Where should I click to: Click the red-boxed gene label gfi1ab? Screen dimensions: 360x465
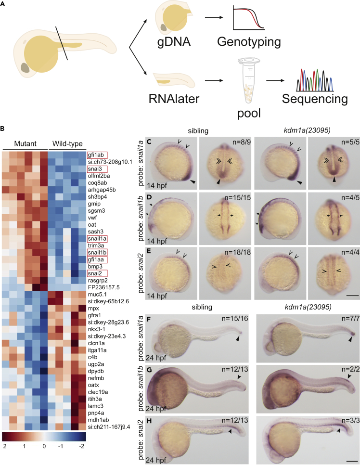point(97,155)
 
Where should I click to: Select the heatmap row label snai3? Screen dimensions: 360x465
point(97,169)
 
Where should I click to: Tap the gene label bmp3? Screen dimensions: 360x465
point(95,267)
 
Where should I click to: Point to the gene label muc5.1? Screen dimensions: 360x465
point(97,295)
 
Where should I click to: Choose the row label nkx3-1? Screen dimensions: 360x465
point(97,329)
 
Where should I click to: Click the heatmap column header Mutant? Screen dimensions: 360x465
point(25,143)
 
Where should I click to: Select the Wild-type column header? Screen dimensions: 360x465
point(67,144)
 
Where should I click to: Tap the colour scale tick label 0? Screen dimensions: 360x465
point(44,446)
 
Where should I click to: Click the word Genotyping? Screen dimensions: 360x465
point(249,42)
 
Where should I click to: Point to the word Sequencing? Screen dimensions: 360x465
point(315,99)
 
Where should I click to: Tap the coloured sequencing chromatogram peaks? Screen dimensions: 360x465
point(315,80)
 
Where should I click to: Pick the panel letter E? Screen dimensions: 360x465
point(149,251)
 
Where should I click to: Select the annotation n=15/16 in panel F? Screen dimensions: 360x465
point(235,319)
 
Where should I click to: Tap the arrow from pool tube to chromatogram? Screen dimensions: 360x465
point(275,80)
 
